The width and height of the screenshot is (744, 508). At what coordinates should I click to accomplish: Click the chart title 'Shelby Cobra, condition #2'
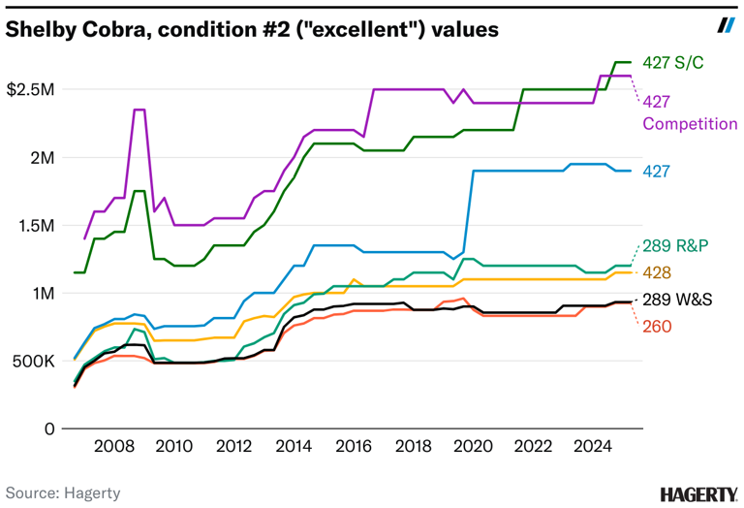pyautogui.click(x=252, y=30)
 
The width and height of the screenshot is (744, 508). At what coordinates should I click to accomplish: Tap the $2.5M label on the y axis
pyautogui.click(x=31, y=89)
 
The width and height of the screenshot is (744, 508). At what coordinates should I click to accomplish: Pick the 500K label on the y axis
pyautogui.click(x=32, y=361)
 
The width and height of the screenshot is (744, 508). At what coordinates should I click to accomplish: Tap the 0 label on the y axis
pyautogui.click(x=49, y=429)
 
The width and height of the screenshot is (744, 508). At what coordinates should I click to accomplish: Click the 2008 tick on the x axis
pyautogui.click(x=114, y=448)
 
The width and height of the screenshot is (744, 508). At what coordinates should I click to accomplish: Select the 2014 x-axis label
pyautogui.click(x=294, y=448)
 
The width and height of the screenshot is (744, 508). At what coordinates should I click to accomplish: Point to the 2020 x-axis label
pyautogui.click(x=473, y=448)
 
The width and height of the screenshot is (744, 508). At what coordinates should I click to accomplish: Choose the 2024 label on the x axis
pyautogui.click(x=592, y=448)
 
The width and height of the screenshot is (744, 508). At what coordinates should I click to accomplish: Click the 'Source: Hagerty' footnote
pyautogui.click(x=63, y=492)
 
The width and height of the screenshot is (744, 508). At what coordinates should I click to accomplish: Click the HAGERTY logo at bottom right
pyautogui.click(x=697, y=493)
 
